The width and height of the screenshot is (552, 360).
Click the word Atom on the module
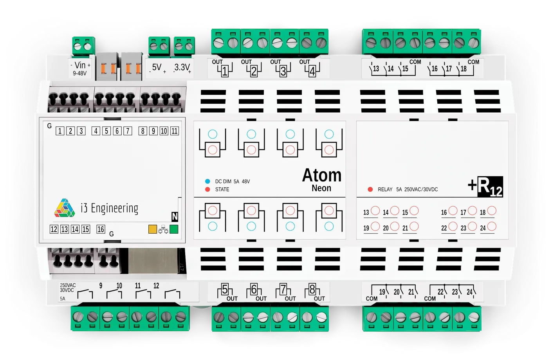point(321,175)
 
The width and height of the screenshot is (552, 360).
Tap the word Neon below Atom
point(321,188)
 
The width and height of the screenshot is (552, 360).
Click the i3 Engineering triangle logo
point(65,208)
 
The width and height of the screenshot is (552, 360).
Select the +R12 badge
point(485,187)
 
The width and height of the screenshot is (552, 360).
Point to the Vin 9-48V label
point(80,68)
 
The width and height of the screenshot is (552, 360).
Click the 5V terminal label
point(157,67)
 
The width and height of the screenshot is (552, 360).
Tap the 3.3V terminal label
point(182,67)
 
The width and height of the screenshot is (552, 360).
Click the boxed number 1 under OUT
point(225,72)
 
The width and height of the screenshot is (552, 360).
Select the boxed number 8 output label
point(312,290)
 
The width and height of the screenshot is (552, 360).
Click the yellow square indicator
point(153,229)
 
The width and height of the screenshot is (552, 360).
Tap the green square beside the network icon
point(174,229)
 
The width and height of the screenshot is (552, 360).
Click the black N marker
point(175,217)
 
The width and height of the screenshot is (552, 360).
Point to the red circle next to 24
point(492,226)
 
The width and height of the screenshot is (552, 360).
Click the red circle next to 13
point(375,211)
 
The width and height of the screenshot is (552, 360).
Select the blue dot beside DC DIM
point(207,181)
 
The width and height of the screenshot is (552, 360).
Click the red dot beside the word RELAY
point(370,189)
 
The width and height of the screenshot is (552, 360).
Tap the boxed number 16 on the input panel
point(101,229)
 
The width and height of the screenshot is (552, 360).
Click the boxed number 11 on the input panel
point(175,131)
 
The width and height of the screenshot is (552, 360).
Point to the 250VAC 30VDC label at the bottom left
point(67,288)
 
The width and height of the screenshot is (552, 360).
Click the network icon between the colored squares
point(163,230)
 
